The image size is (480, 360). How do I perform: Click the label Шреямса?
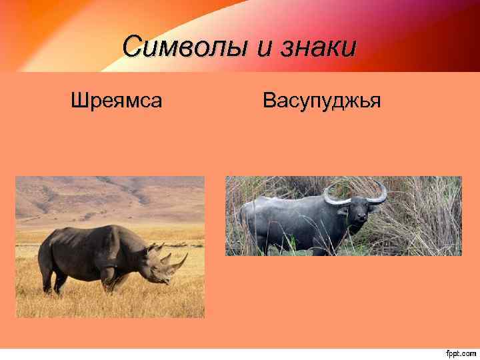tap(117, 101)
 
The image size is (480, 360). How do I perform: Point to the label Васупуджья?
tap(321, 101)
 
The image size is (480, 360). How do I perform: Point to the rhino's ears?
tap(155, 249)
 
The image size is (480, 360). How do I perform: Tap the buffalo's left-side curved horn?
tap(335, 197)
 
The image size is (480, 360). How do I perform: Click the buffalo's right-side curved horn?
tap(379, 195)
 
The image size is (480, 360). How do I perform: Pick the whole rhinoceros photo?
tap(110, 247)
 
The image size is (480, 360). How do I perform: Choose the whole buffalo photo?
tap(343, 215)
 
